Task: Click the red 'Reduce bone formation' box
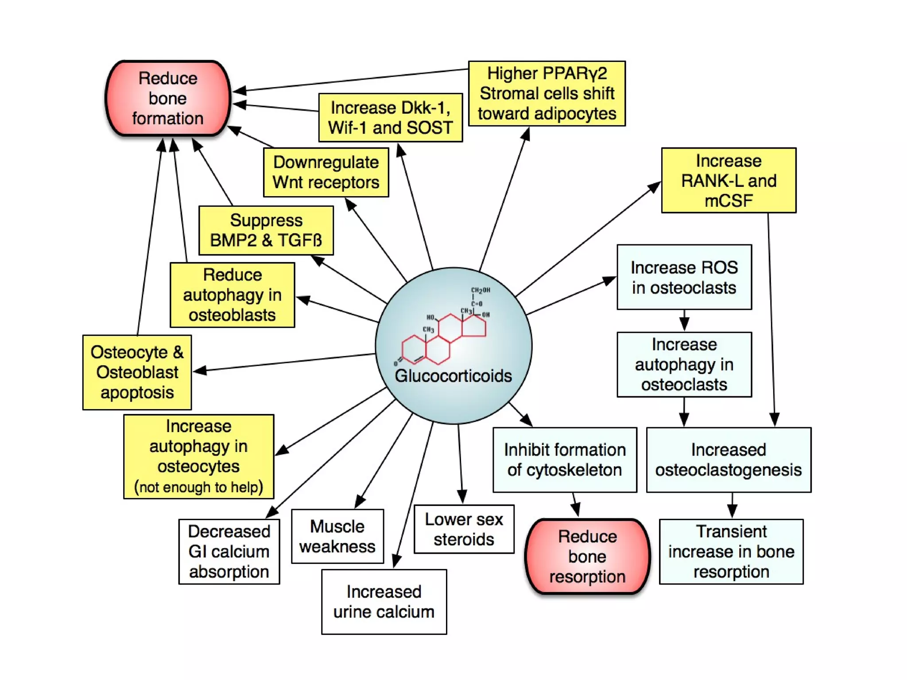point(168,98)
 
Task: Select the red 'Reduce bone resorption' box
point(587,556)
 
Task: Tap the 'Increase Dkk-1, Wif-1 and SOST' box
point(390,118)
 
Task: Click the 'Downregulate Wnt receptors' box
point(326,172)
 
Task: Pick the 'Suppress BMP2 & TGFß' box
point(266,230)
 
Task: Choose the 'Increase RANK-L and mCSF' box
point(729,180)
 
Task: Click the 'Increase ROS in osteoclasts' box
point(684,277)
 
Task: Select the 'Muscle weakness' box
point(337,536)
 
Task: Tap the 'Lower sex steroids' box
point(464,529)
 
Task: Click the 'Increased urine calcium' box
point(384,602)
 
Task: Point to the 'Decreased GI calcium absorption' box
point(229,552)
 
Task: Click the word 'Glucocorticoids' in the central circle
point(453,376)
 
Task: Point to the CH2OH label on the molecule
point(481,290)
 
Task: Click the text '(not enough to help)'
point(198,487)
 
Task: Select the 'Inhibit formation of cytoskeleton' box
point(565,460)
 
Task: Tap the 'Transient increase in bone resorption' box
point(731,552)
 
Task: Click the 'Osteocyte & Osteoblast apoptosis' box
point(137,372)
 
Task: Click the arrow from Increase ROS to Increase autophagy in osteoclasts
point(684,320)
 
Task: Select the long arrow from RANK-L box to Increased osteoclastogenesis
point(771,319)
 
